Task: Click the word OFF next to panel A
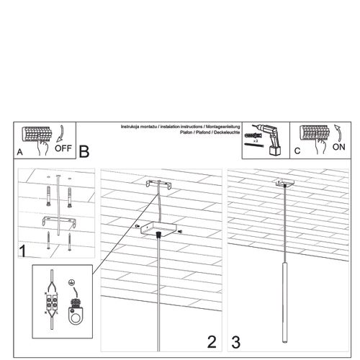pos(63,150)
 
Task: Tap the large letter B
pos(84,151)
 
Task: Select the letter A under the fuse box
pos(20,153)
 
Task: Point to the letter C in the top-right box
pos(297,151)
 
